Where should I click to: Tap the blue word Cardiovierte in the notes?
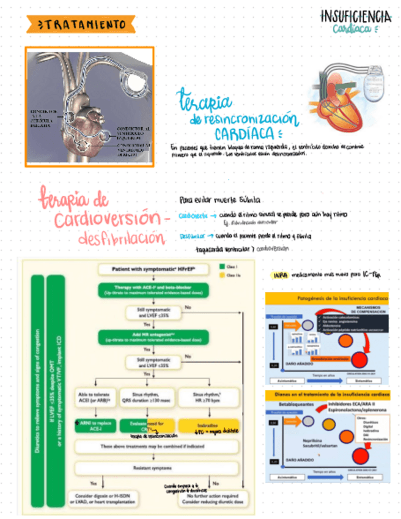coord(191,216)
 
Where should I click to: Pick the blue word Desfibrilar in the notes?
coord(191,236)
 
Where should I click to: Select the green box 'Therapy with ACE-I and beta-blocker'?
coord(153,291)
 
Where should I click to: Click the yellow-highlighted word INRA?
coord(280,275)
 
